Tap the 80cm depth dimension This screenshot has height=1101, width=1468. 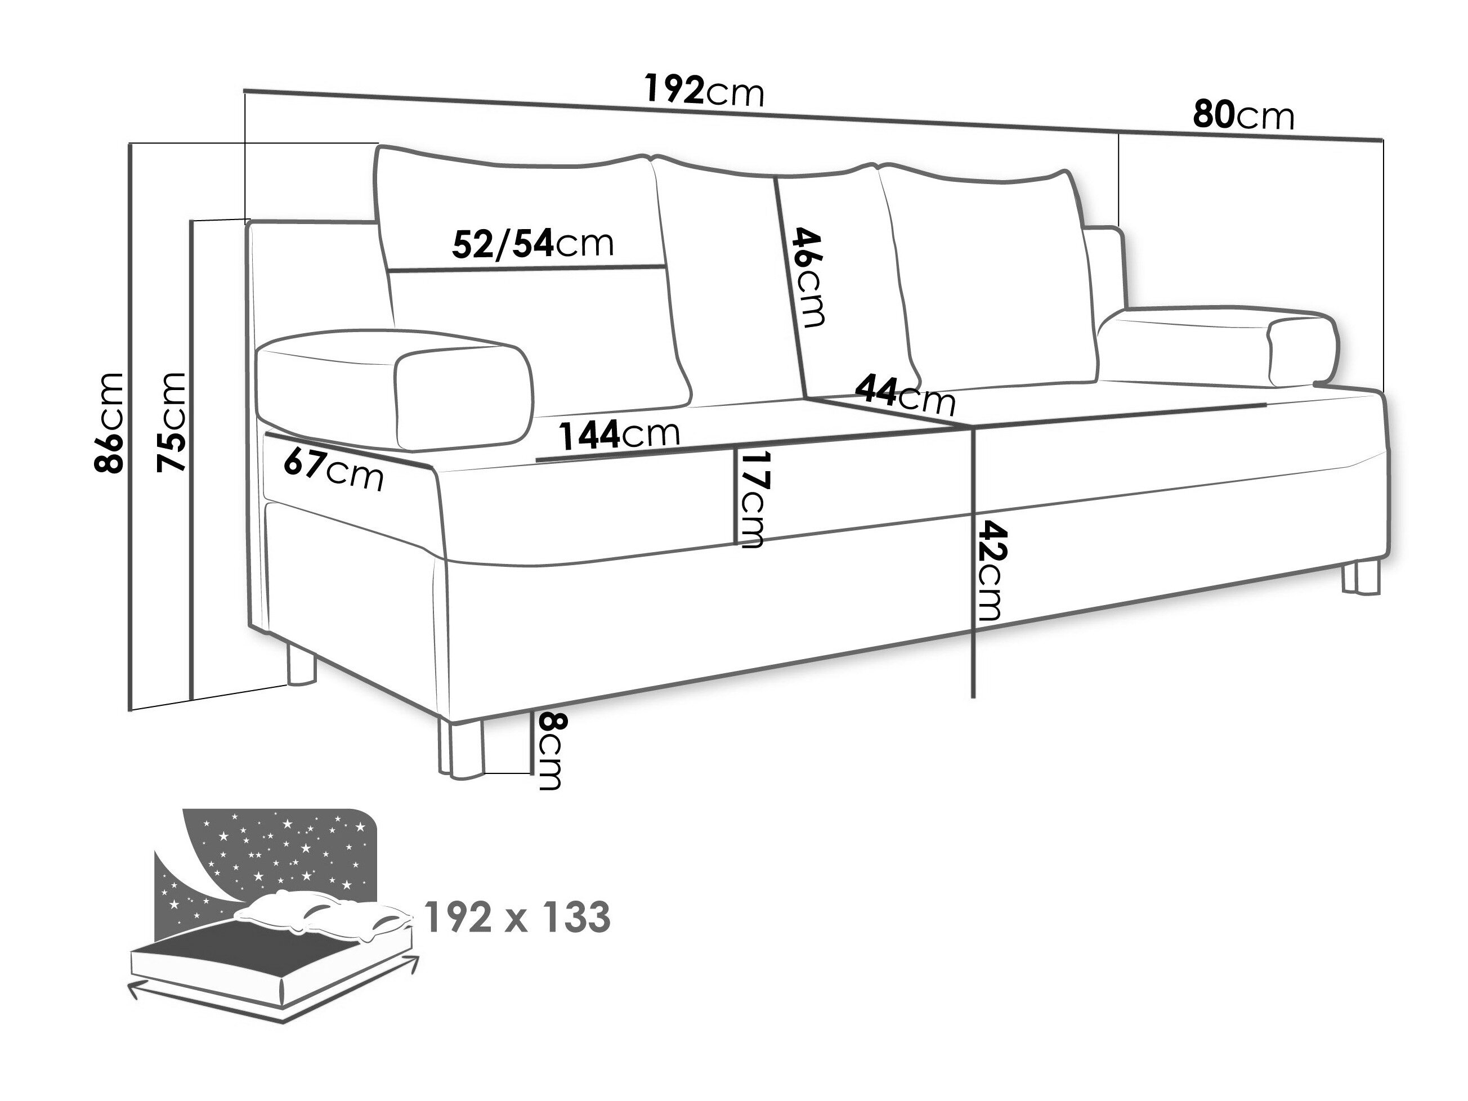(1243, 115)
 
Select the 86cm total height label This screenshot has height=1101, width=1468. (109, 422)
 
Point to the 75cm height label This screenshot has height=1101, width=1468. (171, 422)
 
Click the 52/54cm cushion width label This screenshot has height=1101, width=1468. (533, 244)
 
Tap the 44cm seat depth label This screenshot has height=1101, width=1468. (905, 394)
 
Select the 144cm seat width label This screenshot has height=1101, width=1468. (619, 435)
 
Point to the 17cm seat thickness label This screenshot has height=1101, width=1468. (752, 499)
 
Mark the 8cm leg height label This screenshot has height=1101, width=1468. (550, 750)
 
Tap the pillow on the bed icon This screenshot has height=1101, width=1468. (323, 914)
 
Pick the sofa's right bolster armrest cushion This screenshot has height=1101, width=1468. (1216, 347)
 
